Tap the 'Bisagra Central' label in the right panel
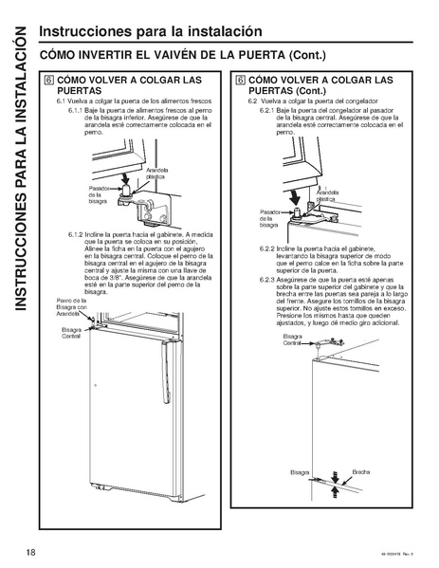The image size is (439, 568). click(291, 339)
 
